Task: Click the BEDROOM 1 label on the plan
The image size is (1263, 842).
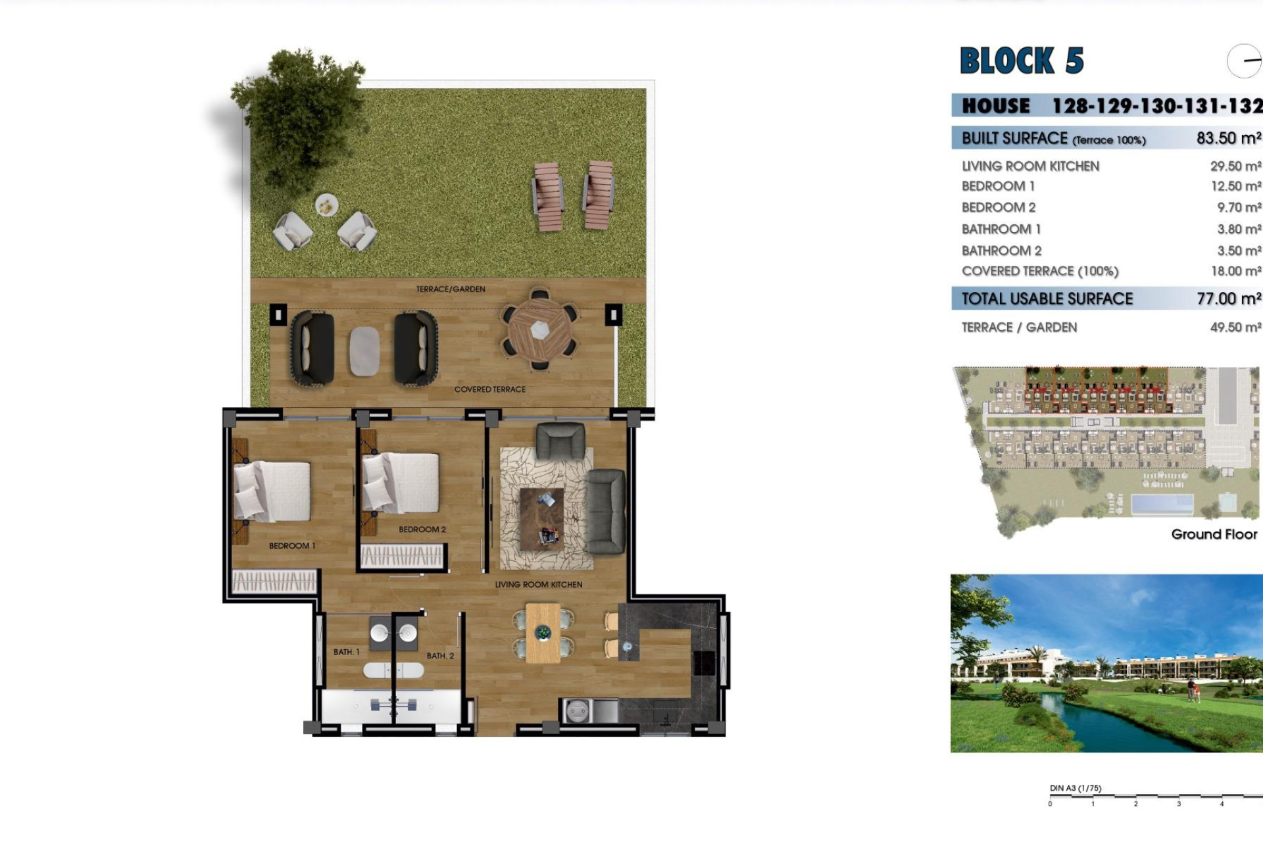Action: point(292,546)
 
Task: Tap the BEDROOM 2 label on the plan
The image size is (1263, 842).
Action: point(422,530)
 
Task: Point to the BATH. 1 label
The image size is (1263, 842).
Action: point(347,652)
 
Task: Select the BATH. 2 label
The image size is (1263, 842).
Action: point(440,656)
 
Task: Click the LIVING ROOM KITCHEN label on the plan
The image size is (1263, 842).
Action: point(539,585)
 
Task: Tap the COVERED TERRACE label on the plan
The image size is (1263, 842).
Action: point(490,389)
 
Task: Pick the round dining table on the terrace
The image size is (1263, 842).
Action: point(539,329)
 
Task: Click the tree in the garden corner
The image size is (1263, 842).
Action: point(299,112)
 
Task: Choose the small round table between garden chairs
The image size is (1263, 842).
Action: point(326,206)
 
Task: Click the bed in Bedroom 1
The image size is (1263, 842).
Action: point(273,491)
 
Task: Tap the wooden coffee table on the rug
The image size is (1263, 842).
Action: point(542,518)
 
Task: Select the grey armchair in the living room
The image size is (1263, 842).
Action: point(560,440)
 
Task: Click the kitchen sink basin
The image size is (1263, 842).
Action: point(578,711)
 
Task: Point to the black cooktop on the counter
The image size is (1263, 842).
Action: point(704,663)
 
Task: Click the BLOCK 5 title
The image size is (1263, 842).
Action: point(1022,61)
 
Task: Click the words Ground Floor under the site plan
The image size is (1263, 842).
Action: point(1214,534)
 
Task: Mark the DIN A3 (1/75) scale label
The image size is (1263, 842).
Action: point(1076,788)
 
